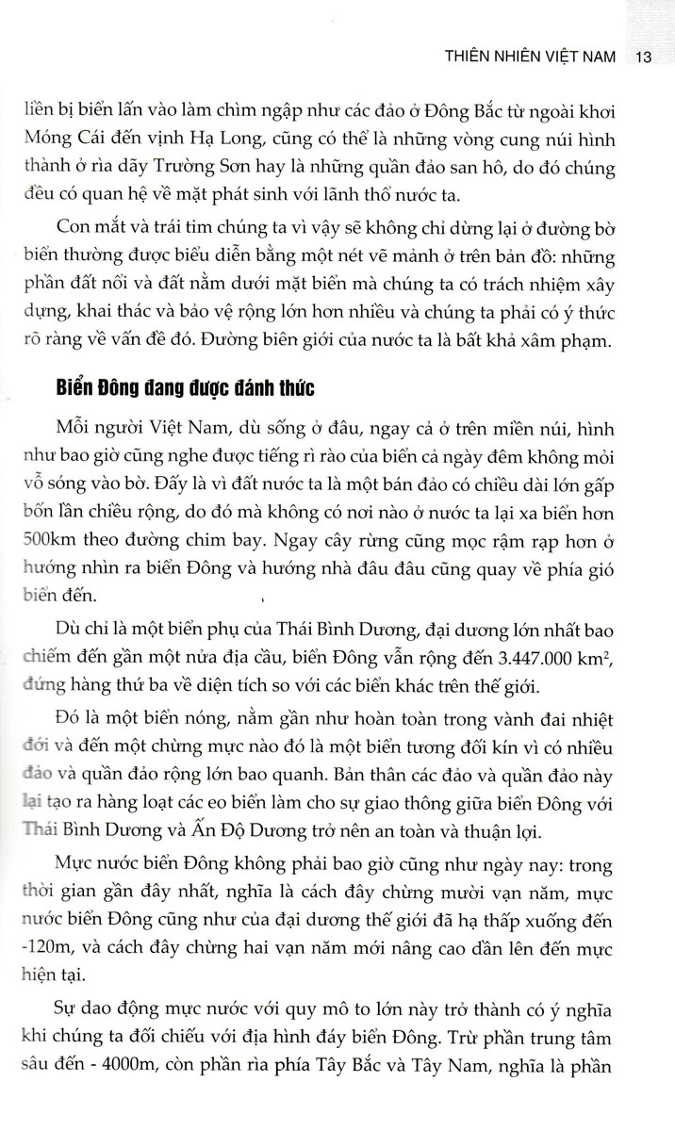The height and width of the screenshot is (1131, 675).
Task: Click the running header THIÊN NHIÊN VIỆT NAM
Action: pos(531,57)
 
